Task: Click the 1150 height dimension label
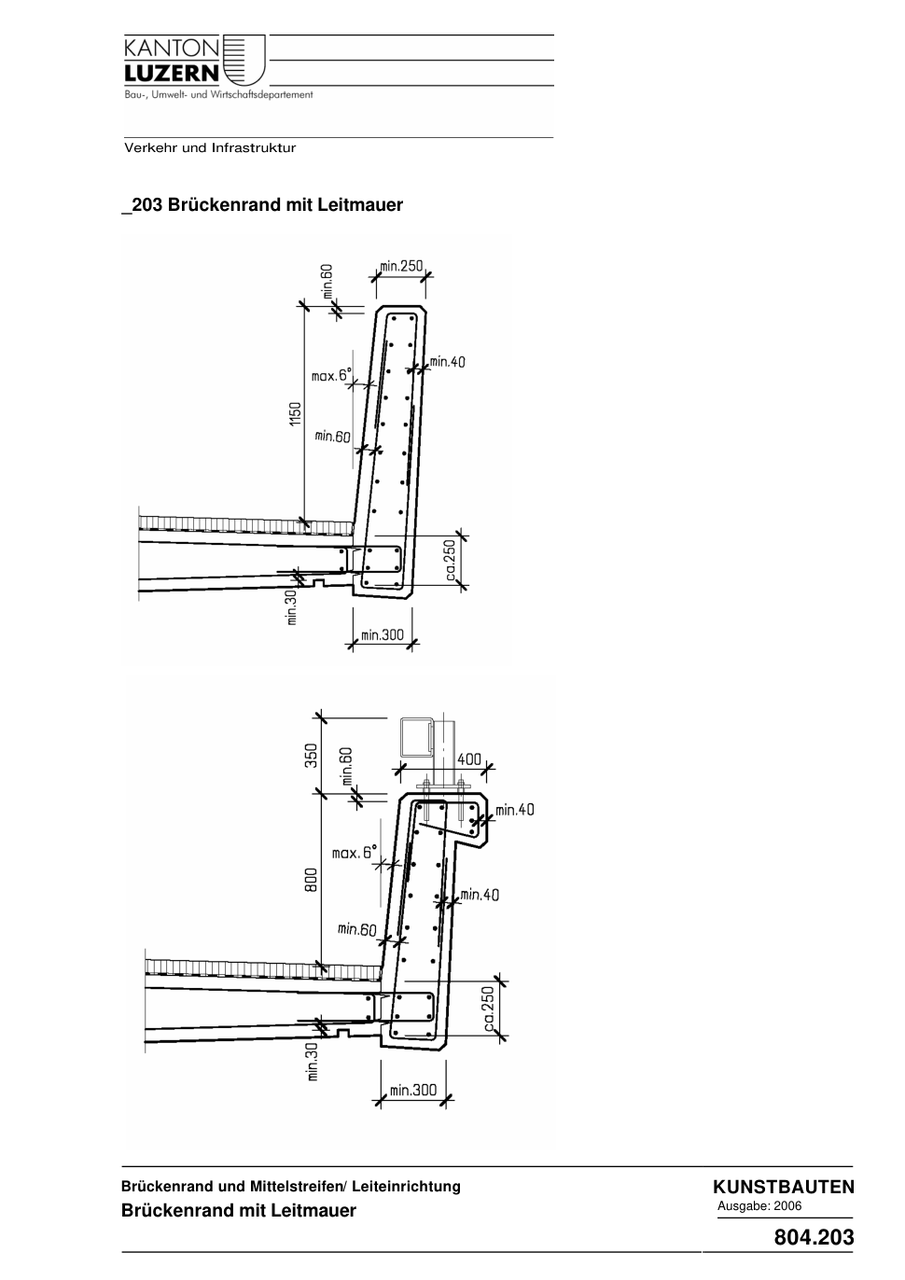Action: [295, 413]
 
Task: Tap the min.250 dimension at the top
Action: [401, 266]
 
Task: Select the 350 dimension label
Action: [311, 756]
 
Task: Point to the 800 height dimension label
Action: [311, 881]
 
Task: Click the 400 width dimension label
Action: [469, 759]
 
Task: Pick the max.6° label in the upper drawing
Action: [331, 375]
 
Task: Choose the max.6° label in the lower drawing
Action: [355, 853]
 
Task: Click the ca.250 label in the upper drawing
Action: [451, 560]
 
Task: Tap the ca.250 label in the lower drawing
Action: [489, 1009]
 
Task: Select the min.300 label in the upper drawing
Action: [383, 634]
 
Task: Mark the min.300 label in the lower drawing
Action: [413, 1090]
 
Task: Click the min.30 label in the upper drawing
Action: [292, 606]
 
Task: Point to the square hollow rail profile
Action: [416, 737]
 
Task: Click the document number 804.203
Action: [814, 1237]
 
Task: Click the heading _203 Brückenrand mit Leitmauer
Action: [262, 204]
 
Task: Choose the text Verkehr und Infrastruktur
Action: [210, 148]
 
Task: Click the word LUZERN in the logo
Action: [172, 73]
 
